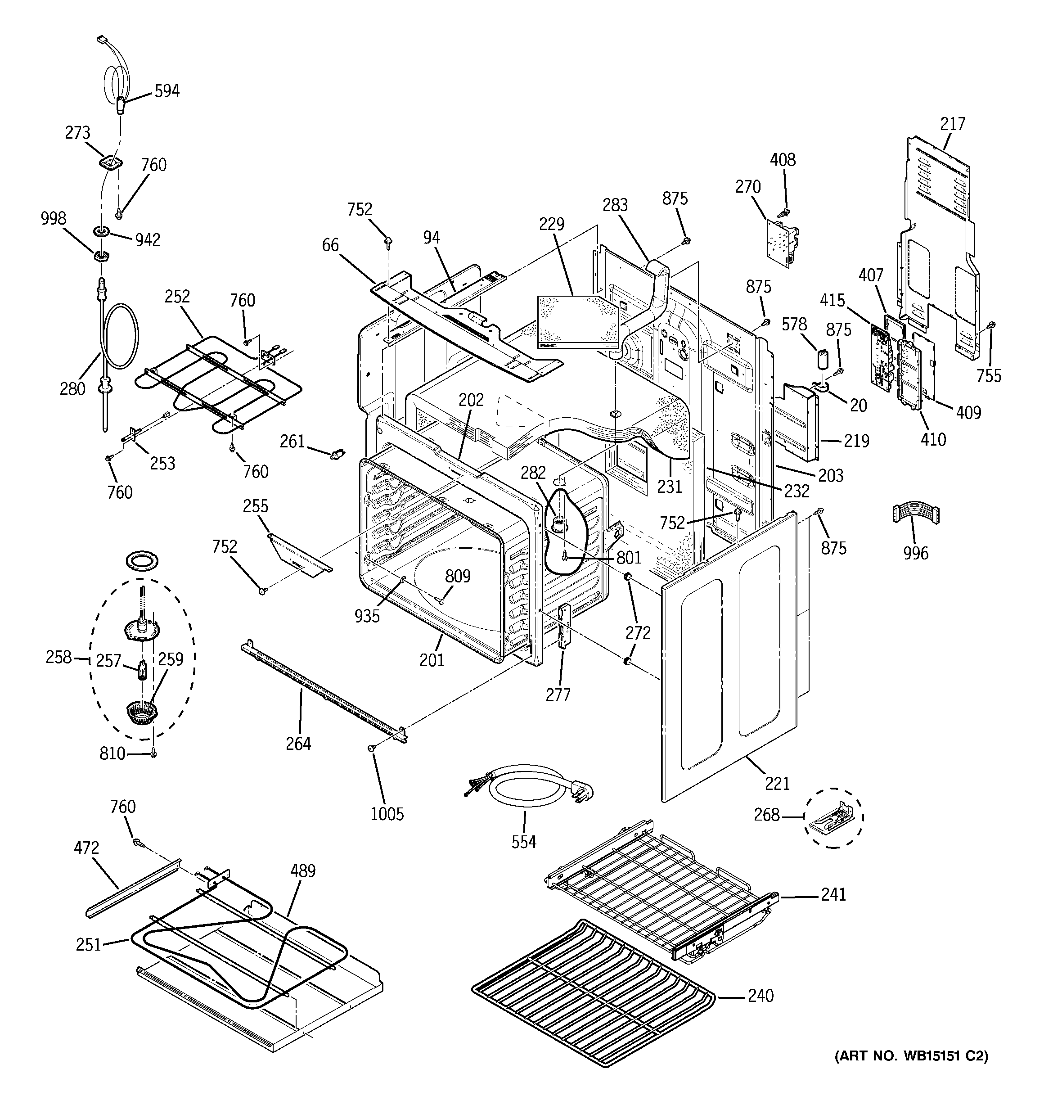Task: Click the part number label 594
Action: (x=167, y=91)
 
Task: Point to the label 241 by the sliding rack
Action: (x=833, y=895)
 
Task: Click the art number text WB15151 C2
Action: (x=911, y=1056)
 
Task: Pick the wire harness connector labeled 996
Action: (x=916, y=514)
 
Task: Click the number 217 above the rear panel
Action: (x=953, y=123)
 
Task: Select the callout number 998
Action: (x=53, y=219)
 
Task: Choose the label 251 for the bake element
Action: (x=89, y=945)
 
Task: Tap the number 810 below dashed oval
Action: (x=112, y=753)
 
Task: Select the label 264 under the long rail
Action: (x=298, y=744)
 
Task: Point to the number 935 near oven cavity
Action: (x=367, y=616)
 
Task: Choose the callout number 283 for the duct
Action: (x=615, y=205)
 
